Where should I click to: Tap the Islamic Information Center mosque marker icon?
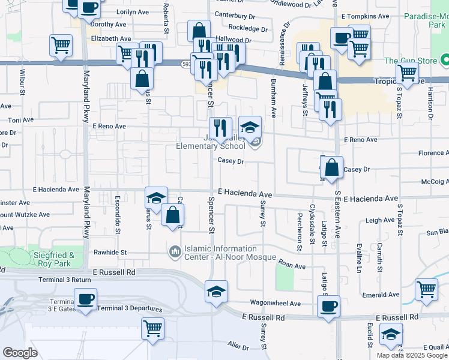(175, 250)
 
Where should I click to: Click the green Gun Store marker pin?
(445, 61)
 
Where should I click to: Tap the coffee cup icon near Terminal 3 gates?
(85, 299)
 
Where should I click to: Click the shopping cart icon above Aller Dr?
(152, 328)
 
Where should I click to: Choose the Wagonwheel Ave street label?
(274, 304)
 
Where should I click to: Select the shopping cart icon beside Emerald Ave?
(426, 289)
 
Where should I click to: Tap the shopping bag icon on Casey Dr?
(331, 167)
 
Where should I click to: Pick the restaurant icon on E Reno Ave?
(220, 127)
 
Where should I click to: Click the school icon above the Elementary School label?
(250, 127)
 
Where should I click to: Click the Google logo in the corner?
(20, 353)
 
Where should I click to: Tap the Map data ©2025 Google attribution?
(412, 355)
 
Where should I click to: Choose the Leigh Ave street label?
(380, 220)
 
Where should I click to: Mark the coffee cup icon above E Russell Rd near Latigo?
(328, 306)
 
